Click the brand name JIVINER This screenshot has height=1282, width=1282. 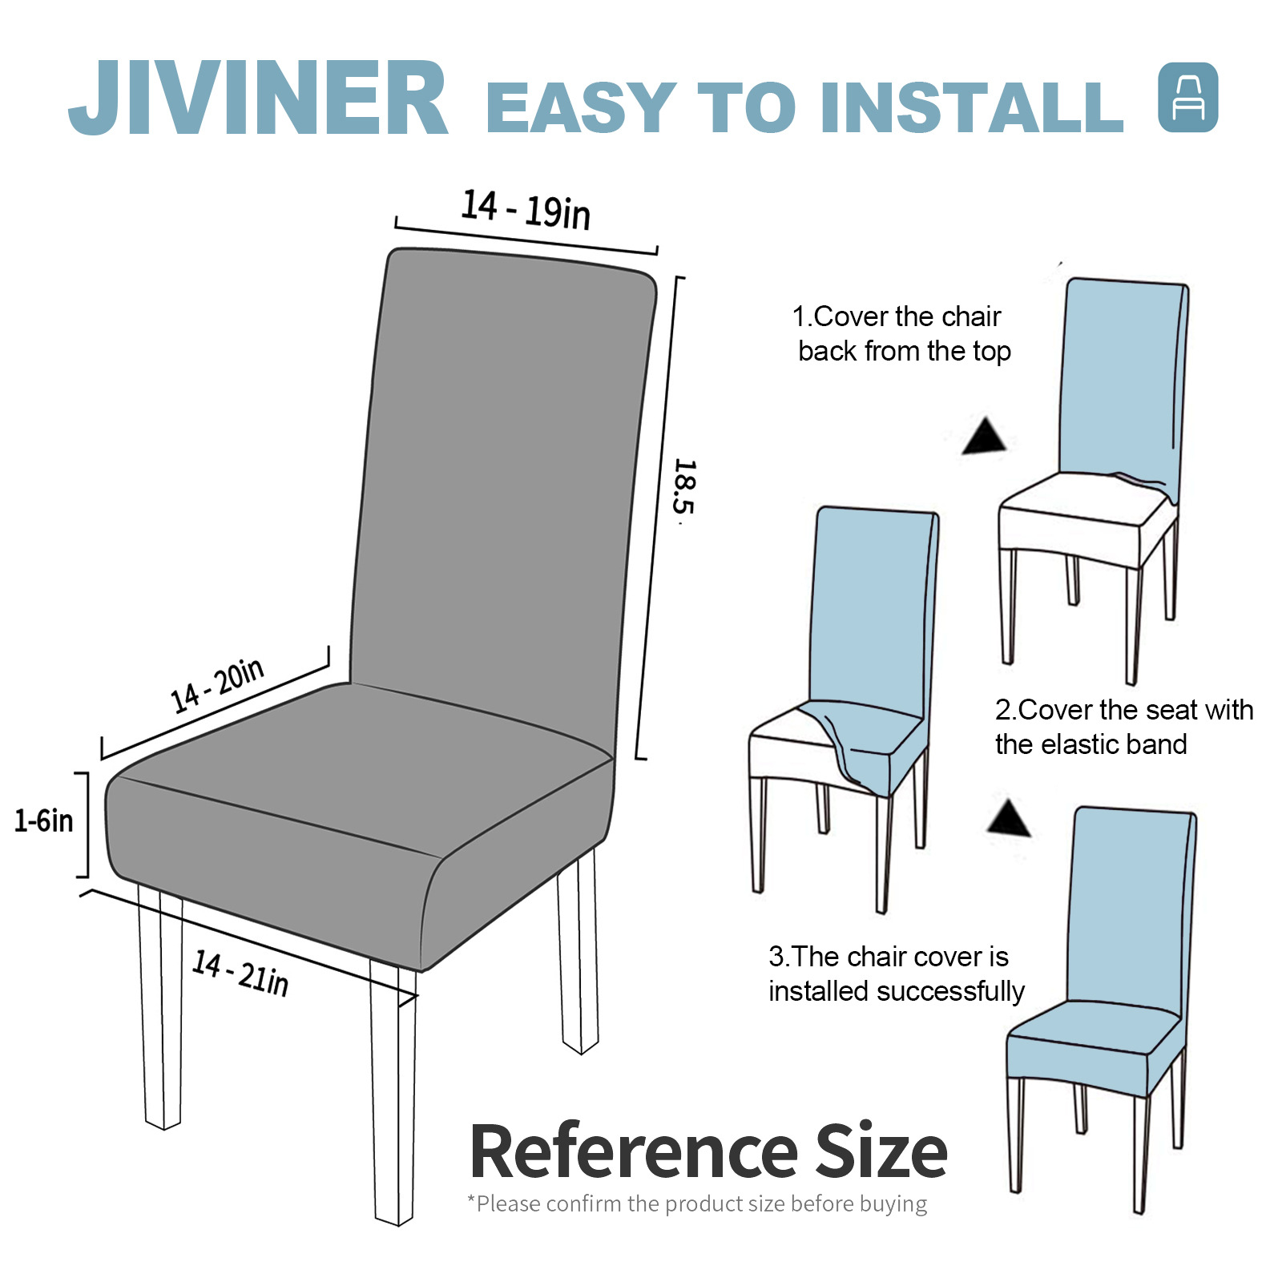coord(258,99)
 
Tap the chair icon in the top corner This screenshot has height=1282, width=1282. coord(1188,98)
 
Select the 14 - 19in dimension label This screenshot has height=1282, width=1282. coord(526,210)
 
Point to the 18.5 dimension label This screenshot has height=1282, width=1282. coord(683,487)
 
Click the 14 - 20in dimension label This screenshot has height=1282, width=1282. coord(217,686)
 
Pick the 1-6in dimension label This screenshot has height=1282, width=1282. coord(44,820)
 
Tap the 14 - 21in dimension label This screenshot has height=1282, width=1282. coord(240,974)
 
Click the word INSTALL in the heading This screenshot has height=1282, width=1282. coord(972,107)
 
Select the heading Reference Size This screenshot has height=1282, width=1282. coord(708,1151)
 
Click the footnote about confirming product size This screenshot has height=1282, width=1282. coord(697,1203)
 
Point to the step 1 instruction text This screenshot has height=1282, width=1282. coord(901,334)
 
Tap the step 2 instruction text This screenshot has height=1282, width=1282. coord(1124,727)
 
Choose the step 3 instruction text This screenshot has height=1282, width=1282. coord(897,974)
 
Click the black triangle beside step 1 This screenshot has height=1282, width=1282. coord(985,437)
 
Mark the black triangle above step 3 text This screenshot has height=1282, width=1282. coord(1009,818)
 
